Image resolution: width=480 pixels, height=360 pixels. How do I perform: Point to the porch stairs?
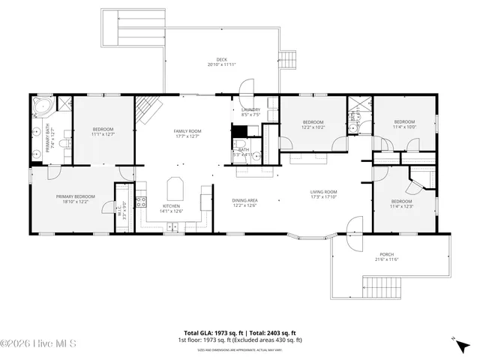tap(384, 286)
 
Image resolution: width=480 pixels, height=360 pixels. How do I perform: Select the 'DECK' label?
tap(221, 60)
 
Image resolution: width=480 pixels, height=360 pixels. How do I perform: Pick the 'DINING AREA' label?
tap(245, 200)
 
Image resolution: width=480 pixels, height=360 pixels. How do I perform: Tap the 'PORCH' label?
tap(386, 254)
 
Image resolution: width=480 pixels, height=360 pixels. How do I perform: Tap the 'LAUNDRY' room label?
tap(250, 110)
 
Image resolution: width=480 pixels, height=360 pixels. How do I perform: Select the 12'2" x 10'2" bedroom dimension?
tap(313, 127)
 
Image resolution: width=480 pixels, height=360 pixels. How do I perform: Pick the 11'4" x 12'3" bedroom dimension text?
tap(401, 206)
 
